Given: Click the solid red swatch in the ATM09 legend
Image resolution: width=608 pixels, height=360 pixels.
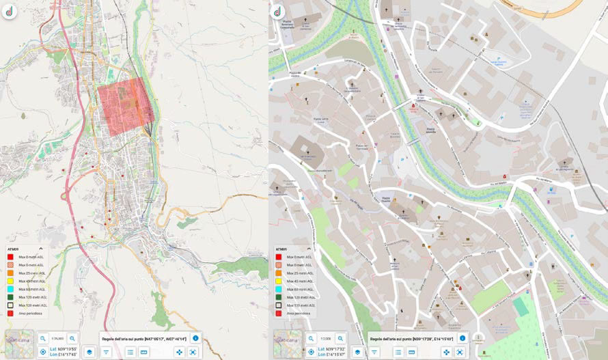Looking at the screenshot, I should (11, 257).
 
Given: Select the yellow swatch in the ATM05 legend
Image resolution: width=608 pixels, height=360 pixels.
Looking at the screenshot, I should (279, 281).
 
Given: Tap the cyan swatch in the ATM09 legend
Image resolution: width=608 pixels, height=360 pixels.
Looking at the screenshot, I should (11, 289).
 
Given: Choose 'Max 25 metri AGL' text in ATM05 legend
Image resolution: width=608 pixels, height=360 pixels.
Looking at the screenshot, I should (300, 273).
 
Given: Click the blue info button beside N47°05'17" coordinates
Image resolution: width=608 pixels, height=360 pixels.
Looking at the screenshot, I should (195, 338).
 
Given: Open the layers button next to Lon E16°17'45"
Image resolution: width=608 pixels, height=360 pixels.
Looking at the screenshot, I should (89, 352).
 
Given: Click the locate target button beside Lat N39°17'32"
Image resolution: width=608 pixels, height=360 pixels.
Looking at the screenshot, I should (311, 352).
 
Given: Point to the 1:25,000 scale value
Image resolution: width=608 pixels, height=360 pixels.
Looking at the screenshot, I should (57, 338).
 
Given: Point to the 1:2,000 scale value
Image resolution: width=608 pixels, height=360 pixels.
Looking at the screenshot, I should (325, 338).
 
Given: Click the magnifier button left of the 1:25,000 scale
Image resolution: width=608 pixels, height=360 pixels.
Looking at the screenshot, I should (43, 338).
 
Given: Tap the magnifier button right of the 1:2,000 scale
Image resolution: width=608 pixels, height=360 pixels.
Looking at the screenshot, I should (340, 338).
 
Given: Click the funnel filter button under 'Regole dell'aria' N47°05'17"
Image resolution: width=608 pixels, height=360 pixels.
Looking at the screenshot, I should (107, 352).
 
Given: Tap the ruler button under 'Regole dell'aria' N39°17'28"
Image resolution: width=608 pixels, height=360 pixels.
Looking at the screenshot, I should (412, 352).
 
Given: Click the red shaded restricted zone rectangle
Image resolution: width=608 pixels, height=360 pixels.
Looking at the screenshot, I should (123, 102).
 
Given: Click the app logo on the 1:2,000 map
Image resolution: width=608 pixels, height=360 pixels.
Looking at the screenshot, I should (277, 12).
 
